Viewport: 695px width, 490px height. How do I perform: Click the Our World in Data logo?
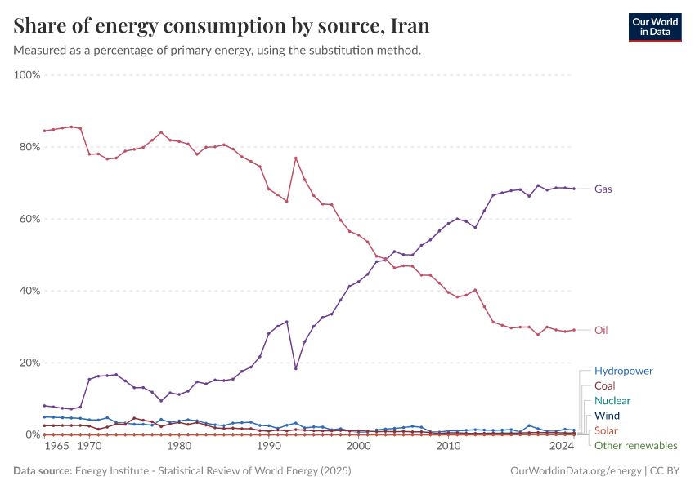click(654, 27)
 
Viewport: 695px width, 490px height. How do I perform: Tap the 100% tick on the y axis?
click(27, 75)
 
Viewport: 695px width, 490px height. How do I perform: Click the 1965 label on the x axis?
click(56, 447)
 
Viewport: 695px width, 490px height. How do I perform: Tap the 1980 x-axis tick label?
click(179, 447)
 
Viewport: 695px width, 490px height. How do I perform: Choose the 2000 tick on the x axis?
click(358, 447)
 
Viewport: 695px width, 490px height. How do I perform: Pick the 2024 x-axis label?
click(561, 447)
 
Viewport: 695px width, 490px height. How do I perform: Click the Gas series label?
click(603, 189)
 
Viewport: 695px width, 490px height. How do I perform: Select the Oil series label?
click(601, 330)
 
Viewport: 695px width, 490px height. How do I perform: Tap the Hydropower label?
click(624, 371)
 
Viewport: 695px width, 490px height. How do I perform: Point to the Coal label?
click(605, 385)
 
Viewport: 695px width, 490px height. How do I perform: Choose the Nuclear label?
click(612, 401)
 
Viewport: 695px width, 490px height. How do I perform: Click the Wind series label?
click(608, 416)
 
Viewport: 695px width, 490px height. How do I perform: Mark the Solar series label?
click(607, 430)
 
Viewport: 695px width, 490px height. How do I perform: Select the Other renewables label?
click(636, 445)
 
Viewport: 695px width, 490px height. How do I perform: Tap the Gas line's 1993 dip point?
click(295, 368)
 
